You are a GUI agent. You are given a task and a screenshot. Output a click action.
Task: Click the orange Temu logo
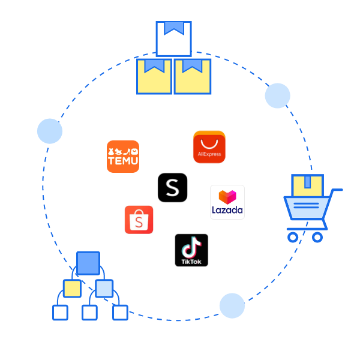pos(123,157)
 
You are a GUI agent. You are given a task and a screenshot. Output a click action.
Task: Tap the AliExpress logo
pos(209,148)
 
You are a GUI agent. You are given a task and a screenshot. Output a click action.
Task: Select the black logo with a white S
pos(172,188)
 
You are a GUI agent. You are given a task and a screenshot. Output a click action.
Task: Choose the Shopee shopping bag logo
pos(139,220)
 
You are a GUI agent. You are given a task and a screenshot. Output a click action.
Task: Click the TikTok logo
pos(191,250)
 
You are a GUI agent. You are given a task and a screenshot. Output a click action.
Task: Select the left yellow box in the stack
pos(154,76)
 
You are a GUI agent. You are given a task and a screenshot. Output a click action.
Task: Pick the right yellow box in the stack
pos(193,76)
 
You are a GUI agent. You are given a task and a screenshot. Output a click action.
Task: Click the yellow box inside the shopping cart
pos(308,185)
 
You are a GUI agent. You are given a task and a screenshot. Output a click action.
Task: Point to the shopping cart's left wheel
pos(293,237)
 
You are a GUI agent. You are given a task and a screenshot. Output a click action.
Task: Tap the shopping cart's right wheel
pos(317,237)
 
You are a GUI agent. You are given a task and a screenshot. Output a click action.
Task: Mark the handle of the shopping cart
pos(337,191)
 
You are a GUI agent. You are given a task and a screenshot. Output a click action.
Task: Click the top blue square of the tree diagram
pos(88,263)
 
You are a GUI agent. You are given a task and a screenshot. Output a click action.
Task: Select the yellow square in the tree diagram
pos(72,289)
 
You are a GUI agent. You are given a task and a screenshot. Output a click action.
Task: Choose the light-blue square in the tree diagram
pos(104,289)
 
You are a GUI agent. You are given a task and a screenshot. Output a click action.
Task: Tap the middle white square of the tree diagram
pos(89,313)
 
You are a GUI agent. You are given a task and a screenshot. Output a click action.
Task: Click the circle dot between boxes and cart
pos(277,96)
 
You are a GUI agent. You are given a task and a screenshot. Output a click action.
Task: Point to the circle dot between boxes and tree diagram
pos(50,131)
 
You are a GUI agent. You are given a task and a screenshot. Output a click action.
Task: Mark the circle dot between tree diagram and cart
pos(232,306)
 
